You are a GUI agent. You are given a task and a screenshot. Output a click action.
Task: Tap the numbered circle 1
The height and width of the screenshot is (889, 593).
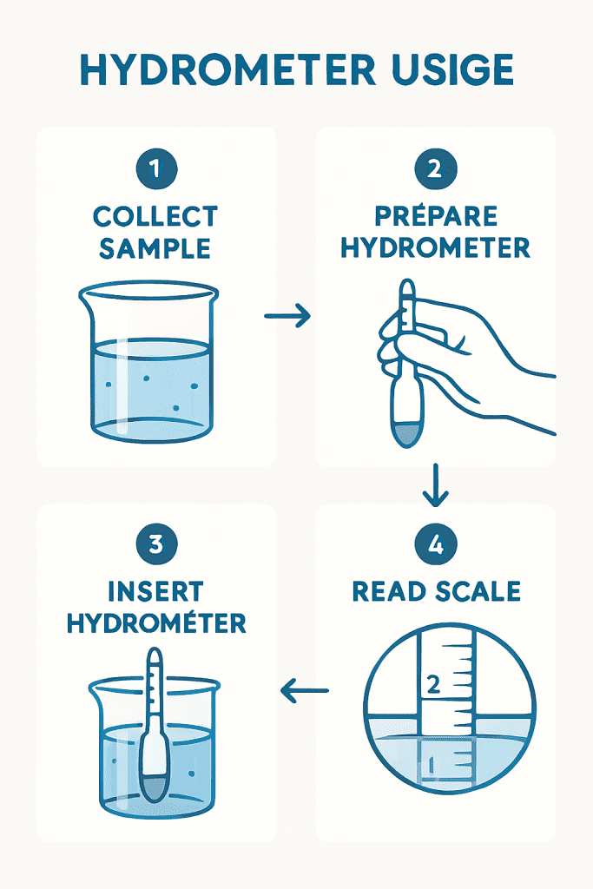click(x=156, y=168)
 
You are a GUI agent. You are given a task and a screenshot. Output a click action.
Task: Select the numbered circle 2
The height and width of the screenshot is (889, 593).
click(x=435, y=168)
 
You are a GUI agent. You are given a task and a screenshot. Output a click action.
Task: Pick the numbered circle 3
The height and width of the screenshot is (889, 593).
click(x=156, y=544)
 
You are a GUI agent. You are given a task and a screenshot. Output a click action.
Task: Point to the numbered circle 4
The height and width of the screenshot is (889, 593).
click(x=435, y=544)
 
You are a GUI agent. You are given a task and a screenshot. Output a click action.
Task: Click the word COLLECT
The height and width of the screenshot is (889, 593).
click(x=155, y=216)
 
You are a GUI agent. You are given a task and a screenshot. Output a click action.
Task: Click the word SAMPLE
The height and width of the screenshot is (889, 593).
click(x=155, y=249)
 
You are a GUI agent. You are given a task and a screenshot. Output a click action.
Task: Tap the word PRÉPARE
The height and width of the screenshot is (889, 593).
click(x=435, y=215)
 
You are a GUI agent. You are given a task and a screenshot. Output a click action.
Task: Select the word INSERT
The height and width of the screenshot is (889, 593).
click(x=155, y=591)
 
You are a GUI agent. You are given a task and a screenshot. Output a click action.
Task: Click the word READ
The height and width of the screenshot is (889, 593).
click(x=388, y=591)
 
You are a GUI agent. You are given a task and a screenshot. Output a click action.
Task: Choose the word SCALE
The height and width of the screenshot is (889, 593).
click(x=478, y=591)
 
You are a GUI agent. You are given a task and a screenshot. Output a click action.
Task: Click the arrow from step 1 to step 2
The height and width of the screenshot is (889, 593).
click(x=287, y=316)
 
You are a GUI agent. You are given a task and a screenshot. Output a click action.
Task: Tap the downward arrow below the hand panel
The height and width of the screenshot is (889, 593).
click(x=435, y=484)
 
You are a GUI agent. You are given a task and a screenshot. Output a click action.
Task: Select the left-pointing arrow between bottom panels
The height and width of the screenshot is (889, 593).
click(x=305, y=690)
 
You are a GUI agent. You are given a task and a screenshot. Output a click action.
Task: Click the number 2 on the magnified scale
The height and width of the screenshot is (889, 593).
click(x=433, y=685)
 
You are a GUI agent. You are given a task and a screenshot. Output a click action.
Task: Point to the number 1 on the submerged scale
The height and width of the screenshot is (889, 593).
click(x=432, y=766)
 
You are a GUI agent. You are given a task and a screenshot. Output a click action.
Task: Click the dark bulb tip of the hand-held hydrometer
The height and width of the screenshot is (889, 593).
click(x=406, y=434)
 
